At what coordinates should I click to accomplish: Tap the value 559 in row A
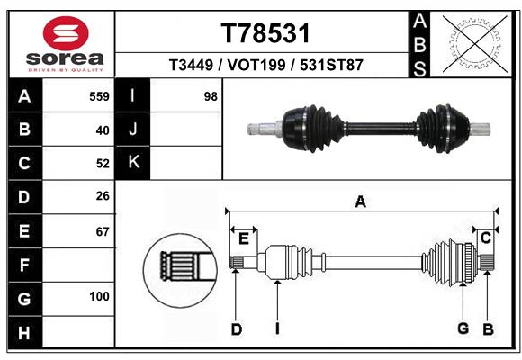(x=99, y=96)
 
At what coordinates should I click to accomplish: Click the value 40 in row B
(x=102, y=130)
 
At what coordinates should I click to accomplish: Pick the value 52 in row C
(x=102, y=164)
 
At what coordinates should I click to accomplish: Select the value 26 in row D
(x=102, y=197)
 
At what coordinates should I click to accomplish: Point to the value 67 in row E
(x=102, y=231)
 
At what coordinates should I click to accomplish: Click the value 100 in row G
(x=99, y=296)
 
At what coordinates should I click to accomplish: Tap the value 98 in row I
(x=211, y=96)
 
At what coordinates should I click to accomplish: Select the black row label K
(x=134, y=163)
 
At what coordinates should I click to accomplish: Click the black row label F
(x=23, y=265)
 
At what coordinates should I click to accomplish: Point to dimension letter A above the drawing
(x=360, y=202)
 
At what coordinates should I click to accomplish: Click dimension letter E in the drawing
(x=243, y=238)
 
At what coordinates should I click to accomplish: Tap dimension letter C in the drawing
(x=485, y=238)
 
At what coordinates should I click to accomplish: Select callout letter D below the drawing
(x=237, y=329)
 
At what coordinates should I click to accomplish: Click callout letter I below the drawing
(x=277, y=329)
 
